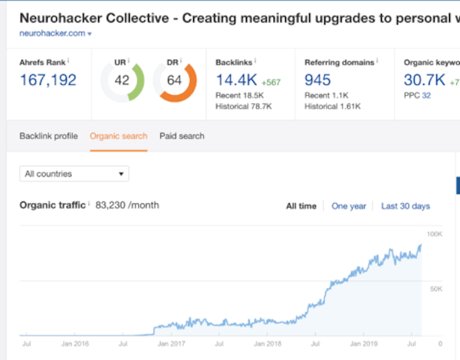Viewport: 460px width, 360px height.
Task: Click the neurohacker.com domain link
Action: pyautogui.click(x=52, y=34)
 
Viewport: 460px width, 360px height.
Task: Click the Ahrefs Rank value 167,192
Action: pyautogui.click(x=48, y=80)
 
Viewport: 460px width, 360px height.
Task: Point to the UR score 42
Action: pyautogui.click(x=122, y=80)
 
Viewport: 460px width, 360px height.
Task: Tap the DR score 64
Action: pyautogui.click(x=174, y=80)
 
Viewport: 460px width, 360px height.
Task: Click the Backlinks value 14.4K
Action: pyautogui.click(x=236, y=80)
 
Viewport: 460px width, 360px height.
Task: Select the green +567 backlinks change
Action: pyautogui.click(x=271, y=83)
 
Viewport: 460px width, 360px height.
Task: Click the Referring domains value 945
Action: pyautogui.click(x=317, y=80)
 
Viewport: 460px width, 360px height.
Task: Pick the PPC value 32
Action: pyautogui.click(x=426, y=95)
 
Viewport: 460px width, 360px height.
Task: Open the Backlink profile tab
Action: pyautogui.click(x=49, y=136)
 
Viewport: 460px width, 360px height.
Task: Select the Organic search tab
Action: pyautogui.click(x=119, y=136)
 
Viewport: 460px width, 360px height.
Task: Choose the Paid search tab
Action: pyautogui.click(x=182, y=136)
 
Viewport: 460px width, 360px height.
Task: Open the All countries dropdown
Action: pyautogui.click(x=74, y=174)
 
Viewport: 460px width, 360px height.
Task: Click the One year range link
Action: pyautogui.click(x=349, y=206)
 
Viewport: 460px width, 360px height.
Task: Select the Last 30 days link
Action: pyautogui.click(x=406, y=206)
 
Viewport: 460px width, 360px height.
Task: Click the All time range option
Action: pyautogui.click(x=301, y=206)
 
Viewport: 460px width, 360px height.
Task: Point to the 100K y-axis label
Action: pyautogui.click(x=435, y=234)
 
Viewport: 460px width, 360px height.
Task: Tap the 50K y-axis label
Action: pyautogui.click(x=436, y=289)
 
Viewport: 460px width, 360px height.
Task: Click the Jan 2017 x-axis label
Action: pyautogui.click(x=171, y=344)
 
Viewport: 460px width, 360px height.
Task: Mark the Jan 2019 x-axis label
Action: pyautogui.click(x=363, y=344)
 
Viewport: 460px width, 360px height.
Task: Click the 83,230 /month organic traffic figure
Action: pyautogui.click(x=127, y=205)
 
